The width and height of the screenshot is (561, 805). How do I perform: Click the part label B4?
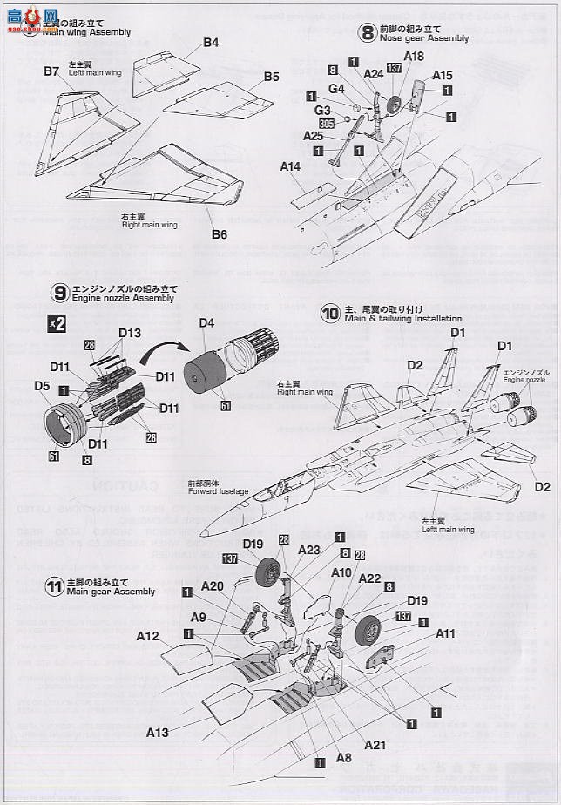[x=211, y=42]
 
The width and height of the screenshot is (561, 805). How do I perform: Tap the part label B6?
[x=219, y=233]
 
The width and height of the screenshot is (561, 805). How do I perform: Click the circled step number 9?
[x=59, y=292]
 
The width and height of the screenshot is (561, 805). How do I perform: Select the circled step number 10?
[x=330, y=313]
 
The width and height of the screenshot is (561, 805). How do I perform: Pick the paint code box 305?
[x=327, y=124]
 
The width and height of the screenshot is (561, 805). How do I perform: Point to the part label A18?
[x=415, y=56]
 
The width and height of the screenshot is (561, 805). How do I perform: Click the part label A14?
[x=291, y=166]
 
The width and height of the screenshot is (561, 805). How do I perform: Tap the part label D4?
[x=206, y=323]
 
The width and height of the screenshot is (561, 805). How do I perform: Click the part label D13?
[x=129, y=333]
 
